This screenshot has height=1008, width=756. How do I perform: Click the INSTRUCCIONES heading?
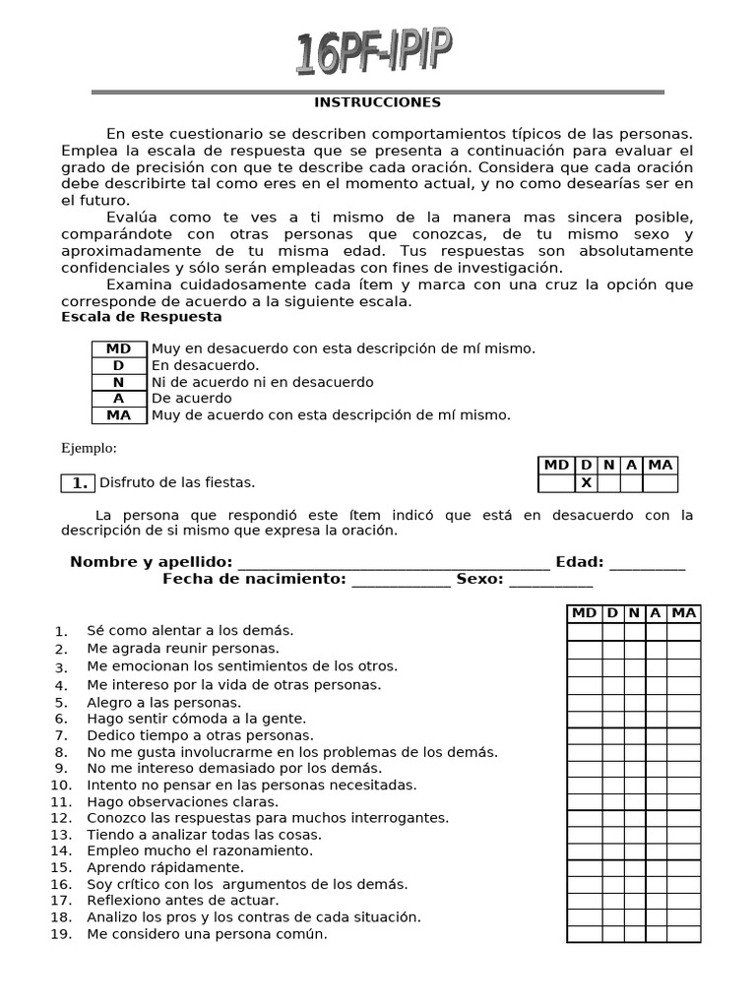pyautogui.click(x=377, y=102)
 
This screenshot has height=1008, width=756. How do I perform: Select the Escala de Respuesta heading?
pyautogui.click(x=141, y=317)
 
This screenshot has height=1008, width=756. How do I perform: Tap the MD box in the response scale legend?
pyautogui.click(x=118, y=348)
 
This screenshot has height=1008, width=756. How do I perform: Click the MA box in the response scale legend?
pyautogui.click(x=118, y=415)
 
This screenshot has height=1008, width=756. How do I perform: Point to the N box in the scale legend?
pyautogui.click(x=118, y=382)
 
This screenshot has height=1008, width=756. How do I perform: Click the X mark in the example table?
pyautogui.click(x=586, y=482)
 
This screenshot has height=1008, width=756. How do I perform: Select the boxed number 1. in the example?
pyautogui.click(x=79, y=482)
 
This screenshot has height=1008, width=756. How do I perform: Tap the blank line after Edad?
pyautogui.click(x=647, y=563)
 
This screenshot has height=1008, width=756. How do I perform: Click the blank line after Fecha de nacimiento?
pyautogui.click(x=401, y=580)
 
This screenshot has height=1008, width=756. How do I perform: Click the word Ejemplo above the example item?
pyautogui.click(x=89, y=449)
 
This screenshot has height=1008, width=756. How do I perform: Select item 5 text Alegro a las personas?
pyautogui.click(x=163, y=702)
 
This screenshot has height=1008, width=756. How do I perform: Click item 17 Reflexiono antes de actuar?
pyautogui.click(x=182, y=900)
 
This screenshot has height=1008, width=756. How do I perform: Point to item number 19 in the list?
pyautogui.click(x=61, y=934)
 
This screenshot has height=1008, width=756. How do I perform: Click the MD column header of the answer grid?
pyautogui.click(x=584, y=613)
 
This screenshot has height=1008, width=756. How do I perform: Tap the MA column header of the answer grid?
pyautogui.click(x=683, y=613)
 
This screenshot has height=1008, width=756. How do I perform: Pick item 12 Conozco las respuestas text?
pyautogui.click(x=268, y=817)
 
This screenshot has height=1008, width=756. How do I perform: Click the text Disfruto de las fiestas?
pyautogui.click(x=177, y=482)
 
